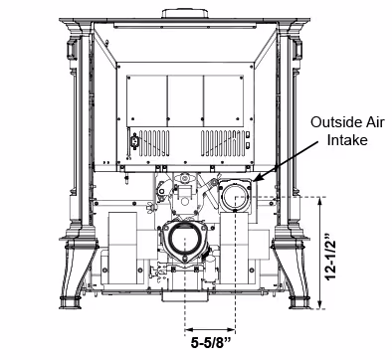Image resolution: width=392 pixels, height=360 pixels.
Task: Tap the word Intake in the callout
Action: [347, 139]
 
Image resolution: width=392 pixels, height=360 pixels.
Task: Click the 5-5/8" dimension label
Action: [210, 343]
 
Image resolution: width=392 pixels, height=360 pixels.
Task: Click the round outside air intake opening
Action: [235, 196]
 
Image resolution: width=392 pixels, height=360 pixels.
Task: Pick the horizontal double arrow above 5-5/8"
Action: [210, 329]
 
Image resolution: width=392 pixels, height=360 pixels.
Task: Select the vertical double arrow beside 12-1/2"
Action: [320, 253]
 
